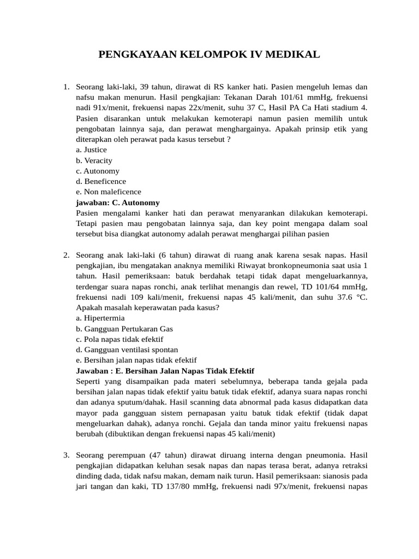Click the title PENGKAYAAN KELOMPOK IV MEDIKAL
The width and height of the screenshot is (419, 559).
click(209, 55)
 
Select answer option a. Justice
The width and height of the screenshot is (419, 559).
click(92, 150)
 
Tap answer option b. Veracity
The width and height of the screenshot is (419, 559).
click(94, 160)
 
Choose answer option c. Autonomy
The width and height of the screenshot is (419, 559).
click(98, 171)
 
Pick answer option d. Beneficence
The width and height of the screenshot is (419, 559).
click(101, 181)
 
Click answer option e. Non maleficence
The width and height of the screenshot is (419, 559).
click(109, 192)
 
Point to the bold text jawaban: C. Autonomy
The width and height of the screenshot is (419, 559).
click(118, 203)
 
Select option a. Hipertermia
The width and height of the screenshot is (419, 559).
click(100, 318)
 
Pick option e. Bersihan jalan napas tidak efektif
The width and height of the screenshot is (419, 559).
click(136, 360)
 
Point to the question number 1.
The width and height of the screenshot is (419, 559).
click(65, 87)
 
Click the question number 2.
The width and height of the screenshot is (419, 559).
click(65, 255)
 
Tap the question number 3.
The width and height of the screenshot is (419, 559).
click(65, 455)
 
